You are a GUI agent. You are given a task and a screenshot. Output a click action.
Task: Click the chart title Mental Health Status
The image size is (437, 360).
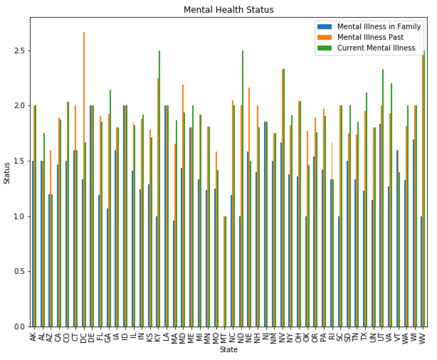(x=228, y=10)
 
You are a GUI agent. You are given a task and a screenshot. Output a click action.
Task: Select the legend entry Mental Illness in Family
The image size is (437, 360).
(x=379, y=27)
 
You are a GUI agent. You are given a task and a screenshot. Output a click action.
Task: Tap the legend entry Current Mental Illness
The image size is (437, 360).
(x=376, y=48)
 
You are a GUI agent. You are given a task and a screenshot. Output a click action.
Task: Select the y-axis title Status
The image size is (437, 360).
(x=7, y=172)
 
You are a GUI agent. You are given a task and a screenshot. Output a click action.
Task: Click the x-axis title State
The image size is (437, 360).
(x=228, y=350)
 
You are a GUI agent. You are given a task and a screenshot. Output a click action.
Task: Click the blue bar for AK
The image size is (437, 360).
(x=32, y=244)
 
